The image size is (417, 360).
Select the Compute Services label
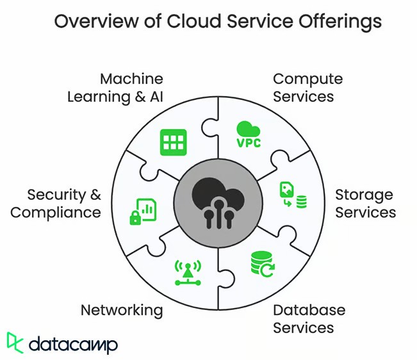[307, 88]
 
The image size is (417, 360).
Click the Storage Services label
[365, 203]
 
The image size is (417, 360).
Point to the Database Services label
[309, 319]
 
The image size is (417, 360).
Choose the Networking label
[122, 311]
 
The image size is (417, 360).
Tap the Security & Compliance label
[56, 203]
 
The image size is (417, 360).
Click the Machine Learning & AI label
[123, 88]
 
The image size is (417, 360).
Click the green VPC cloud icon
[249, 135]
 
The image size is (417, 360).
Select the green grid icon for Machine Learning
[173, 142]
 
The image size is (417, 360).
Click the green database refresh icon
[263, 263]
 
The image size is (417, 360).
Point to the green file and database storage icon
[293, 195]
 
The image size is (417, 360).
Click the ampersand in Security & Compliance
[95, 194]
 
